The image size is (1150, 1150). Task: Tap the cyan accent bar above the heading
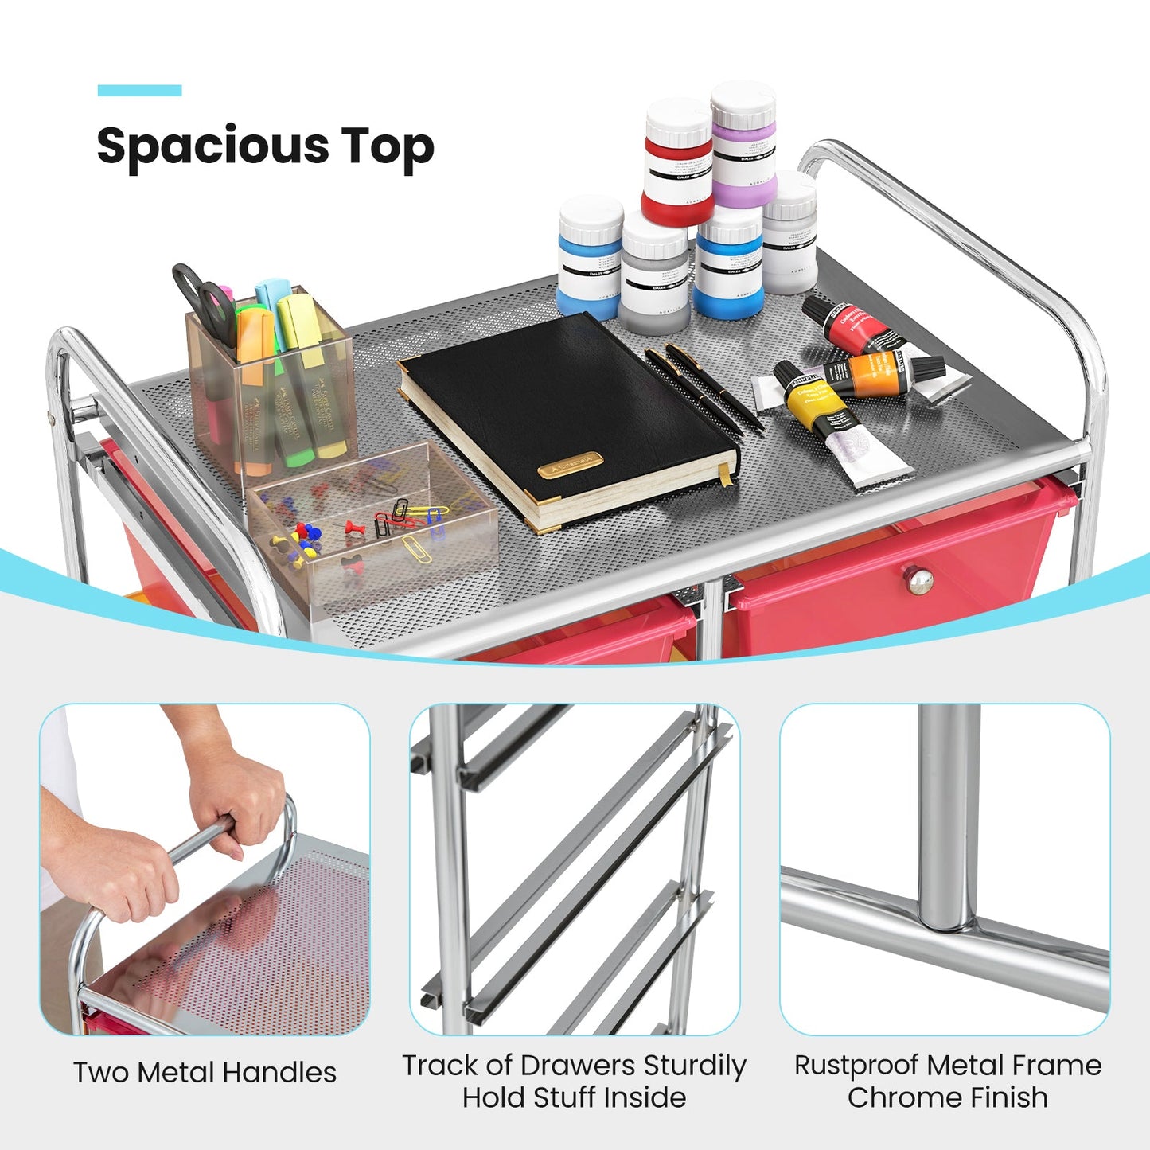(139, 91)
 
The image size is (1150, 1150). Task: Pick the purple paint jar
(743, 147)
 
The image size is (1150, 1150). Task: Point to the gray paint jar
(654, 279)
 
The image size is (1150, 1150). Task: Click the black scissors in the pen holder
(203, 298)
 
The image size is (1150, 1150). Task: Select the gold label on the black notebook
(570, 466)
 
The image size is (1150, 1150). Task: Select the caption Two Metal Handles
(205, 1073)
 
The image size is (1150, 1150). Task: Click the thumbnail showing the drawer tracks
(575, 869)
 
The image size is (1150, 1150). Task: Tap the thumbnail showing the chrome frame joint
(945, 869)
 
